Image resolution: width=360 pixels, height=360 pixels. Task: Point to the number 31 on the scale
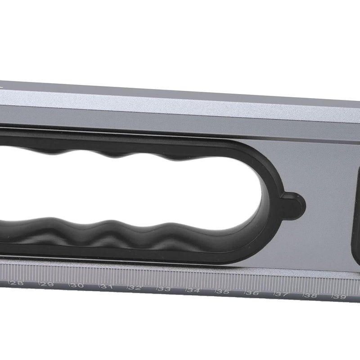point(106,287)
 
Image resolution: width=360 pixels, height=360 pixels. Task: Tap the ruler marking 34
point(193,291)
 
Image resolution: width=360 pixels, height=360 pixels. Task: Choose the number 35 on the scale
point(223,292)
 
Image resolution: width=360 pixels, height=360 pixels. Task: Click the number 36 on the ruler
point(253,293)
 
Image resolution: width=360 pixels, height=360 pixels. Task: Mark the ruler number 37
point(282,295)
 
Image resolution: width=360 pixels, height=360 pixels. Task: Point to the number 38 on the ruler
point(311,296)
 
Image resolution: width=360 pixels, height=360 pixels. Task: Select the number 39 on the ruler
point(340,297)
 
